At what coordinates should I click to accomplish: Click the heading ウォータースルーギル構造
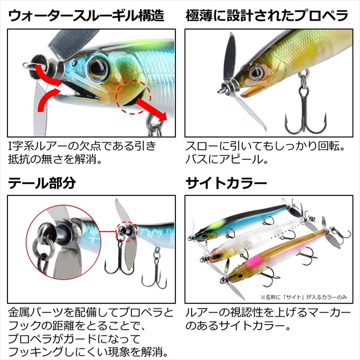click(x=86, y=15)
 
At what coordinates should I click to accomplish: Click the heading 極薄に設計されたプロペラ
click(x=267, y=15)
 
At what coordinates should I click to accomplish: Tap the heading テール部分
click(x=42, y=183)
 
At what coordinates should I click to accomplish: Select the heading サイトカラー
click(x=226, y=183)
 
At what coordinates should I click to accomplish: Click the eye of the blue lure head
click(x=98, y=67)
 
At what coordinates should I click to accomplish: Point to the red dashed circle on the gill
click(x=133, y=97)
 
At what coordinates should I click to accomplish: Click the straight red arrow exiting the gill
click(x=151, y=109)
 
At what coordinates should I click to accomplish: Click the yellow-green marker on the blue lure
click(x=214, y=225)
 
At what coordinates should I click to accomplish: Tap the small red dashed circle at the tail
click(x=127, y=231)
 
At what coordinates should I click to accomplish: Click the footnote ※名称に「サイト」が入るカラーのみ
click(x=304, y=297)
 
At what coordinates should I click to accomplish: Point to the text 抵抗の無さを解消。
click(x=55, y=159)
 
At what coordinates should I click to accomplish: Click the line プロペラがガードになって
click(x=74, y=339)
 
